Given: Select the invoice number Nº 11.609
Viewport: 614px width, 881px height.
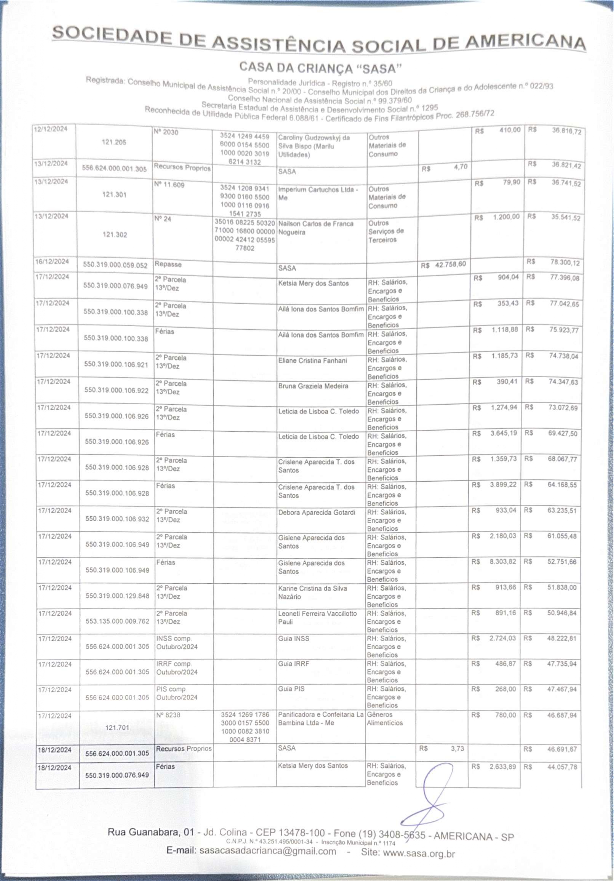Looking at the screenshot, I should (169, 185).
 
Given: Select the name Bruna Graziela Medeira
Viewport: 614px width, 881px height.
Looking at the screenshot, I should (313, 386).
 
